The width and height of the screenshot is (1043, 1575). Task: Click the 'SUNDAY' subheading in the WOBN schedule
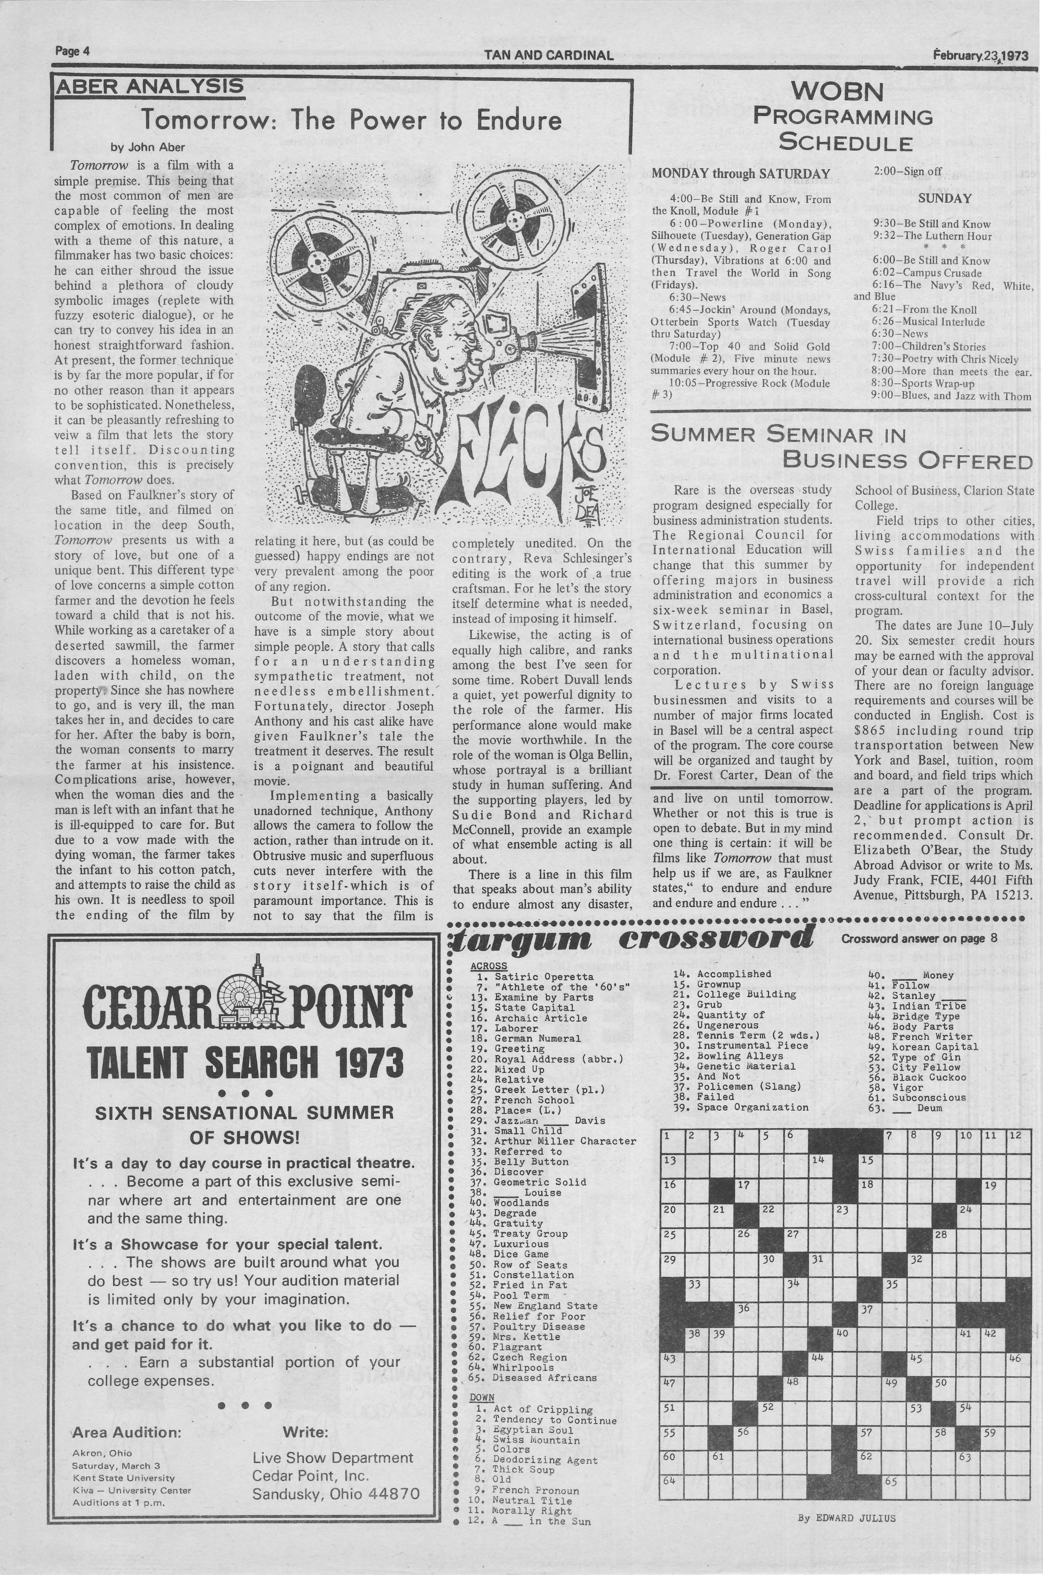(x=945, y=198)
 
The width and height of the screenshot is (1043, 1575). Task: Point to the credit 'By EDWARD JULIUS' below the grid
(x=846, y=1518)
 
